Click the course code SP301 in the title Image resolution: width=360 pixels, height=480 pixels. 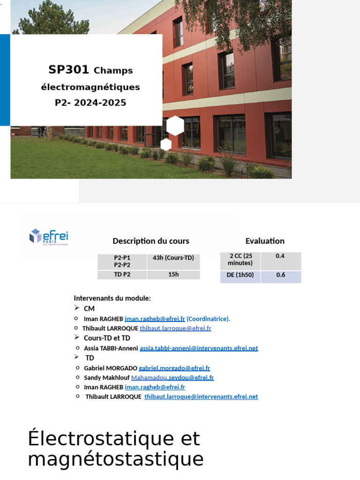click(68, 70)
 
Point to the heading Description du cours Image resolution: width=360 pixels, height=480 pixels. click(151, 241)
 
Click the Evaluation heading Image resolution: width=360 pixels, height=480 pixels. click(265, 241)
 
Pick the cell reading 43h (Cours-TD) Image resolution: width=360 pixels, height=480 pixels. click(173, 258)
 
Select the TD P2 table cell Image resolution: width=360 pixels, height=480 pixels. click(122, 275)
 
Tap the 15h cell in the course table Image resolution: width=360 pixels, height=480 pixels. click(173, 275)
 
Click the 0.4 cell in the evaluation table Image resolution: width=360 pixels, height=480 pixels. click(280, 256)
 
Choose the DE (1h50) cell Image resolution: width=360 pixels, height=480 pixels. click(240, 275)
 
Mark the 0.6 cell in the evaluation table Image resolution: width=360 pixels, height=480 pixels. click(280, 275)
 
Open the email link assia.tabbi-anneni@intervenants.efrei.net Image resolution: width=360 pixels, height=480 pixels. click(199, 348)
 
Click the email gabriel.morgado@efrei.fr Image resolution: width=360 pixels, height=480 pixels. click(174, 368)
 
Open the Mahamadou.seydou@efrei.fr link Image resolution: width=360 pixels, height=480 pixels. click(172, 378)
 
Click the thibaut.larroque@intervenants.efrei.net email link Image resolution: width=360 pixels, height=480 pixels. click(201, 397)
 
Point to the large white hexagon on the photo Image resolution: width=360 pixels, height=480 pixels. click(175, 126)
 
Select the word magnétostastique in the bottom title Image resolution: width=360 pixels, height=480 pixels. click(116, 459)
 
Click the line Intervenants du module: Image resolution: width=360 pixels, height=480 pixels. click(112, 298)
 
